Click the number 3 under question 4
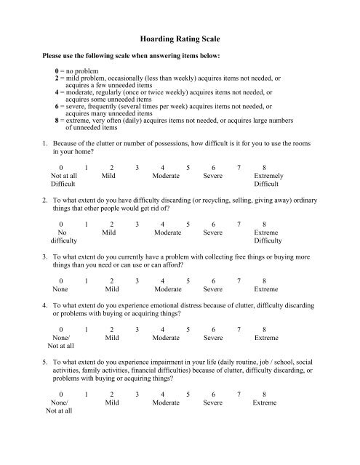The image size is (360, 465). [137, 336]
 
